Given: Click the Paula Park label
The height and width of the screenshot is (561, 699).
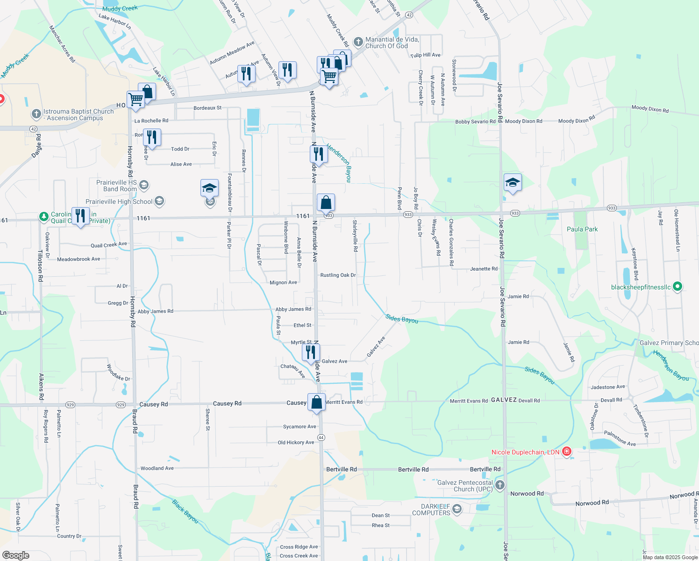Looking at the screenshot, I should pos(582,229).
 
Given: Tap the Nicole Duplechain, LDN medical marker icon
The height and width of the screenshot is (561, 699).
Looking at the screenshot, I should pos(567,452).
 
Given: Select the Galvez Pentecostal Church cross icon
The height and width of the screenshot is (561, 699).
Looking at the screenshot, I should pos(500,485).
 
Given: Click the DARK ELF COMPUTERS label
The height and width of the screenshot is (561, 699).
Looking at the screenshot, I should pos(431,510).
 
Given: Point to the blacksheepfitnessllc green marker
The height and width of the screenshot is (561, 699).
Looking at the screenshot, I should pos(678,287).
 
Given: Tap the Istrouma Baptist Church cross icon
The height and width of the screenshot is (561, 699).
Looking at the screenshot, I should pos(36,114).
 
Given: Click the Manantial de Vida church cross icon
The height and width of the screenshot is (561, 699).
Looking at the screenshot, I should pos(358,43).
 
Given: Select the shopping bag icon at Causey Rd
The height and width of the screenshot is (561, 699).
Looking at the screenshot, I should pos(316,402).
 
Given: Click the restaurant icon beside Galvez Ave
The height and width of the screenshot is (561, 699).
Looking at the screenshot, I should pos(311,352).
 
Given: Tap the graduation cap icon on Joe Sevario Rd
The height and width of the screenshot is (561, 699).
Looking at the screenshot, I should pos(513,183).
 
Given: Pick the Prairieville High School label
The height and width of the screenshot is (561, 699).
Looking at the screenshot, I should pos(119,201).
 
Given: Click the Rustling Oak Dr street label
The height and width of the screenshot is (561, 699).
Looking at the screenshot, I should pos(338,275).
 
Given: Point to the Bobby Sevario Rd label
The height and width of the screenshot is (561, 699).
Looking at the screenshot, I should pos(475,122).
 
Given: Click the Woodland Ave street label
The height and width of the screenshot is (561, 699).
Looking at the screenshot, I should pos(157,468).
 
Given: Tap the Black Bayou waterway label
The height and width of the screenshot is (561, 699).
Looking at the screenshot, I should pos(185,511).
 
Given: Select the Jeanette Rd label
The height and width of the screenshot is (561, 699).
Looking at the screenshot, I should pos(484,269).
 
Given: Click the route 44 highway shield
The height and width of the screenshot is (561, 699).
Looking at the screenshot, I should pos(321,438).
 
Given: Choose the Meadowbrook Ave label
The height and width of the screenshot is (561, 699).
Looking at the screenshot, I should pos(78,259).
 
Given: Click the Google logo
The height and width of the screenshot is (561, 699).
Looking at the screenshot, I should pos(16,555).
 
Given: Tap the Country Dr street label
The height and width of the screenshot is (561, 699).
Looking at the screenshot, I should pos(69,536).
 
